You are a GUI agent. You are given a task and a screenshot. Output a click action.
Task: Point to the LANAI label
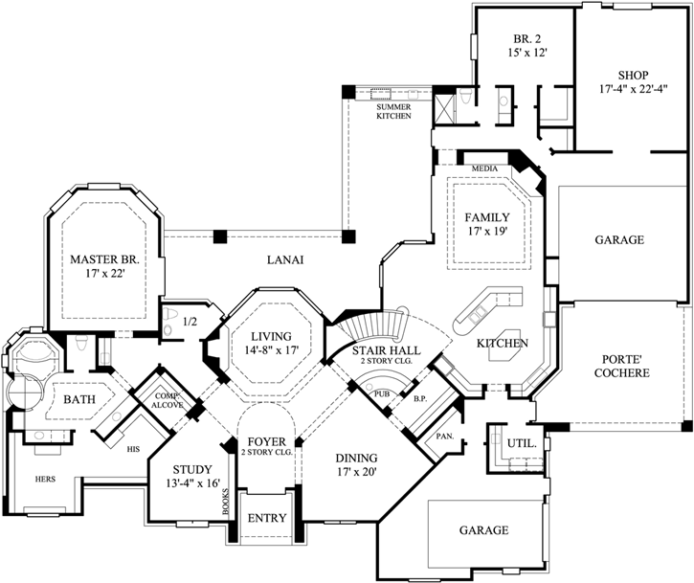(x=284, y=258)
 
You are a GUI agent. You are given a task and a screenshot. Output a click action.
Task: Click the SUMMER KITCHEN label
(x=393, y=110)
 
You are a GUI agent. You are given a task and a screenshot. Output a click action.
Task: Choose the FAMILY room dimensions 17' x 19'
(x=485, y=231)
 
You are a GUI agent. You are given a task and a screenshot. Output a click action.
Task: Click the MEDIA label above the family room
(x=484, y=168)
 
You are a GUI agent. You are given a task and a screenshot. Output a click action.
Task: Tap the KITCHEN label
(x=504, y=342)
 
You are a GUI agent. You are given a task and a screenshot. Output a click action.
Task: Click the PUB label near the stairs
(x=382, y=392)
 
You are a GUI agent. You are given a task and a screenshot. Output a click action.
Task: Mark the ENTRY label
(x=267, y=518)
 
